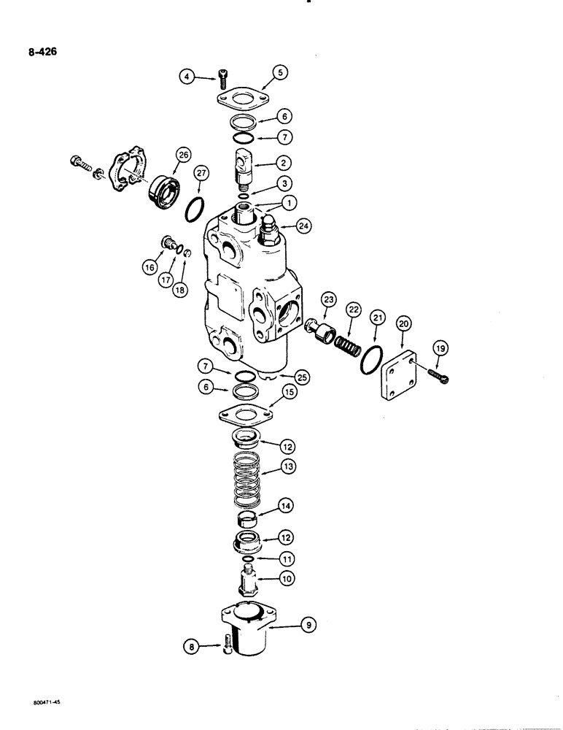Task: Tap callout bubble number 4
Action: [189, 75]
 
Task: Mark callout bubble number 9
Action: [309, 625]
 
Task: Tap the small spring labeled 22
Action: [348, 340]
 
